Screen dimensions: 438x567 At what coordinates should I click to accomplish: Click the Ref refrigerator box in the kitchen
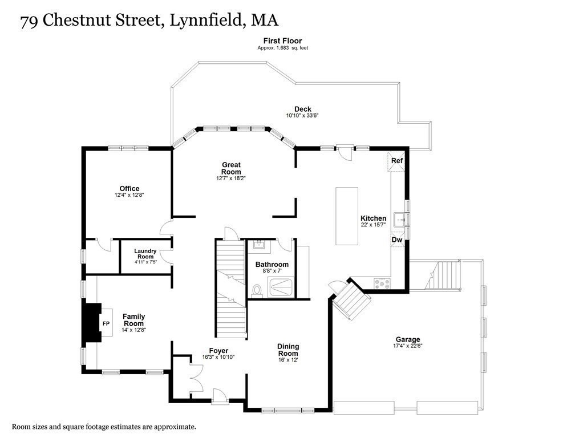(x=397, y=160)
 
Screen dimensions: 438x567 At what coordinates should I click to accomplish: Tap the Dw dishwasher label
(x=397, y=240)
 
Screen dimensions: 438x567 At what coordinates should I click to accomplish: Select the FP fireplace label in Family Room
(x=106, y=324)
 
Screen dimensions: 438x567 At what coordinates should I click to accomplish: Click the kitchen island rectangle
(x=346, y=216)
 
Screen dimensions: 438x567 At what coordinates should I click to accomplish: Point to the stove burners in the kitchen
(x=382, y=282)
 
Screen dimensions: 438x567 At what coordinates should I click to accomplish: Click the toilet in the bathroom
(x=257, y=291)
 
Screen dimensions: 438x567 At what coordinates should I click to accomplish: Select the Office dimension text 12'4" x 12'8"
(x=129, y=195)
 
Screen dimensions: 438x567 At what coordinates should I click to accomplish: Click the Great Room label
(x=231, y=168)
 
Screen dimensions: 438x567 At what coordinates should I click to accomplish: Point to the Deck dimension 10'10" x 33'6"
(x=302, y=116)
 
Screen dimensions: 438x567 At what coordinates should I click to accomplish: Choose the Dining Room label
(x=288, y=350)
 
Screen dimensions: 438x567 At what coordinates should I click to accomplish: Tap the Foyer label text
(x=218, y=350)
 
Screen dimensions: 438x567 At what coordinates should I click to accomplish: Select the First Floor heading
(x=282, y=40)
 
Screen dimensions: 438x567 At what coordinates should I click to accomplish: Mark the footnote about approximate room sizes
(x=104, y=426)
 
